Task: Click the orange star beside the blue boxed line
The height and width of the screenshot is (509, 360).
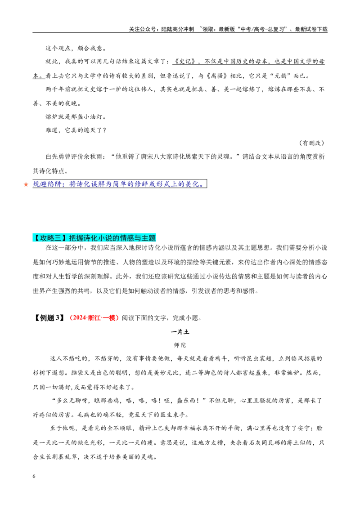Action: click(26, 184)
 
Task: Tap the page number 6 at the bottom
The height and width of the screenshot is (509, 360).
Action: click(34, 476)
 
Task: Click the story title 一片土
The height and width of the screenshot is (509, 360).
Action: click(180, 332)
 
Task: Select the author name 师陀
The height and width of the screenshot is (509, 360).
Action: click(180, 345)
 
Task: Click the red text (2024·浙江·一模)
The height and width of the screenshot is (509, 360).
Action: click(94, 318)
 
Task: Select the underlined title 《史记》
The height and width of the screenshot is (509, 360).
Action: click(184, 62)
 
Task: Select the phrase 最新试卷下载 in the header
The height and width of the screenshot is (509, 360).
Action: click(311, 29)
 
